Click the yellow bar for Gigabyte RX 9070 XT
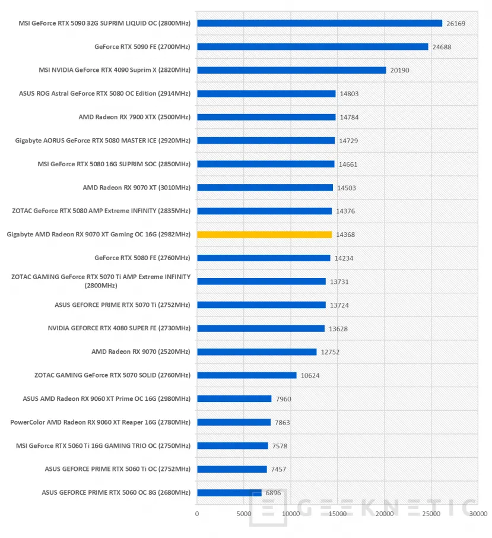pyautogui.click(x=264, y=235)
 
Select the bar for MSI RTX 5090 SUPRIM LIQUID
pyautogui.click(x=319, y=23)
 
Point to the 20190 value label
pyautogui.click(x=399, y=70)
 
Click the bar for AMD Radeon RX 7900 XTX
pyautogui.click(x=266, y=117)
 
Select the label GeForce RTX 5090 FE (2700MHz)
pyautogui.click(x=142, y=46)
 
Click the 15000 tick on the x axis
pyautogui.click(x=337, y=514)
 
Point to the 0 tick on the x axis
pyautogui.click(x=197, y=514)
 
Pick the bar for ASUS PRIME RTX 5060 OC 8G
pyautogui.click(x=229, y=492)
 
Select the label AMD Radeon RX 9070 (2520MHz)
pyautogui.click(x=141, y=352)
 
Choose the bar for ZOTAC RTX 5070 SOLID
pyautogui.click(x=246, y=375)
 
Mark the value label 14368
pyautogui.click(x=345, y=235)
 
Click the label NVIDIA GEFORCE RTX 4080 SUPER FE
pyautogui.click(x=119, y=328)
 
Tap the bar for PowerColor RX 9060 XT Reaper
pyautogui.click(x=234, y=422)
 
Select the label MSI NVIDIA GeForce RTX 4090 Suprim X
pyautogui.click(x=114, y=70)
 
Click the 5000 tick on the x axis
pyautogui.click(x=244, y=514)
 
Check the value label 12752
pyautogui.click(x=331, y=352)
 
